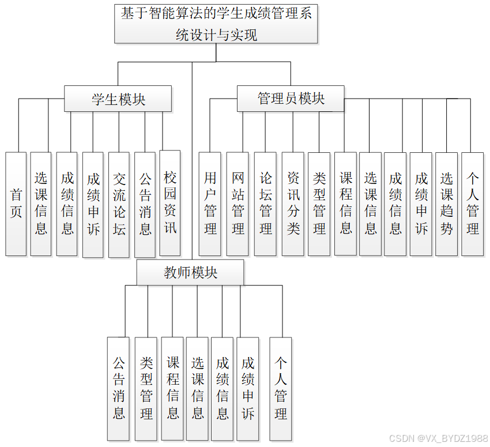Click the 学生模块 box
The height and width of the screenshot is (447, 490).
coord(118,99)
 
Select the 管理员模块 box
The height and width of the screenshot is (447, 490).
coord(291,99)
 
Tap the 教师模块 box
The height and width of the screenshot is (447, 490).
coord(190,272)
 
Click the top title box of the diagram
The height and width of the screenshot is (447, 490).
coord(216,24)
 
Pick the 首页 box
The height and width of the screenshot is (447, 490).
coord(16,204)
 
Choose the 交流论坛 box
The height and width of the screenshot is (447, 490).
coord(119,204)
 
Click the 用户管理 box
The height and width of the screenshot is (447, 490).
coord(210,204)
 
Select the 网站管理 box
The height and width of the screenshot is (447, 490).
coord(238,204)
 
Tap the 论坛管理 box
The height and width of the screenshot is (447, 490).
coord(265,204)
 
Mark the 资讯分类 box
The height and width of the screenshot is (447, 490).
coord(293,204)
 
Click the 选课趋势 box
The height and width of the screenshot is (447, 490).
coord(447,204)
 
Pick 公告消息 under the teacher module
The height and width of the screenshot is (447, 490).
coord(118,388)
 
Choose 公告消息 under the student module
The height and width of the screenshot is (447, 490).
coord(145,204)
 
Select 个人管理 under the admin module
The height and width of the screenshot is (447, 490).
coord(473,204)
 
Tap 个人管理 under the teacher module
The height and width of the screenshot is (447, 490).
coord(281,388)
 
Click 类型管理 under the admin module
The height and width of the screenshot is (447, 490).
coord(319,204)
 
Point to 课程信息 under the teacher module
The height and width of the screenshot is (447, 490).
coord(172,388)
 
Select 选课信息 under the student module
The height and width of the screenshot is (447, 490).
coord(41,204)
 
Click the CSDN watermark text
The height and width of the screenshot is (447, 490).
coord(438,439)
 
